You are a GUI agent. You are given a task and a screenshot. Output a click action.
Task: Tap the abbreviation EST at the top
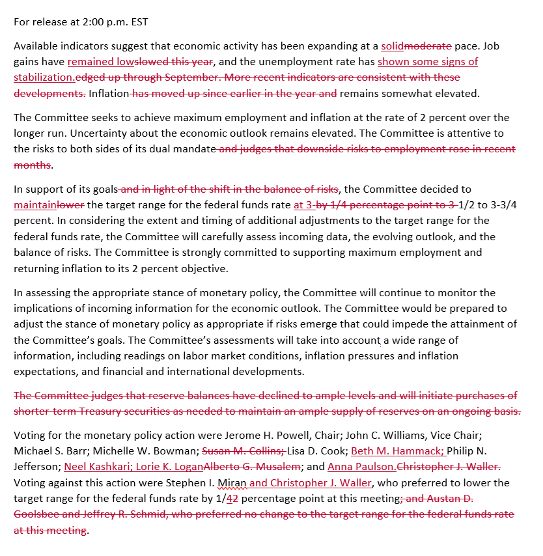tap(138, 22)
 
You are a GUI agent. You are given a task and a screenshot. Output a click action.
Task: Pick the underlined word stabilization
tap(44, 77)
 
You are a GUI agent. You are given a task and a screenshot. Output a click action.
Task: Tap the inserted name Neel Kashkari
tap(92, 467)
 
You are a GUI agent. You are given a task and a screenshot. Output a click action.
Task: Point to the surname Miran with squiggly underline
tap(233, 482)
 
